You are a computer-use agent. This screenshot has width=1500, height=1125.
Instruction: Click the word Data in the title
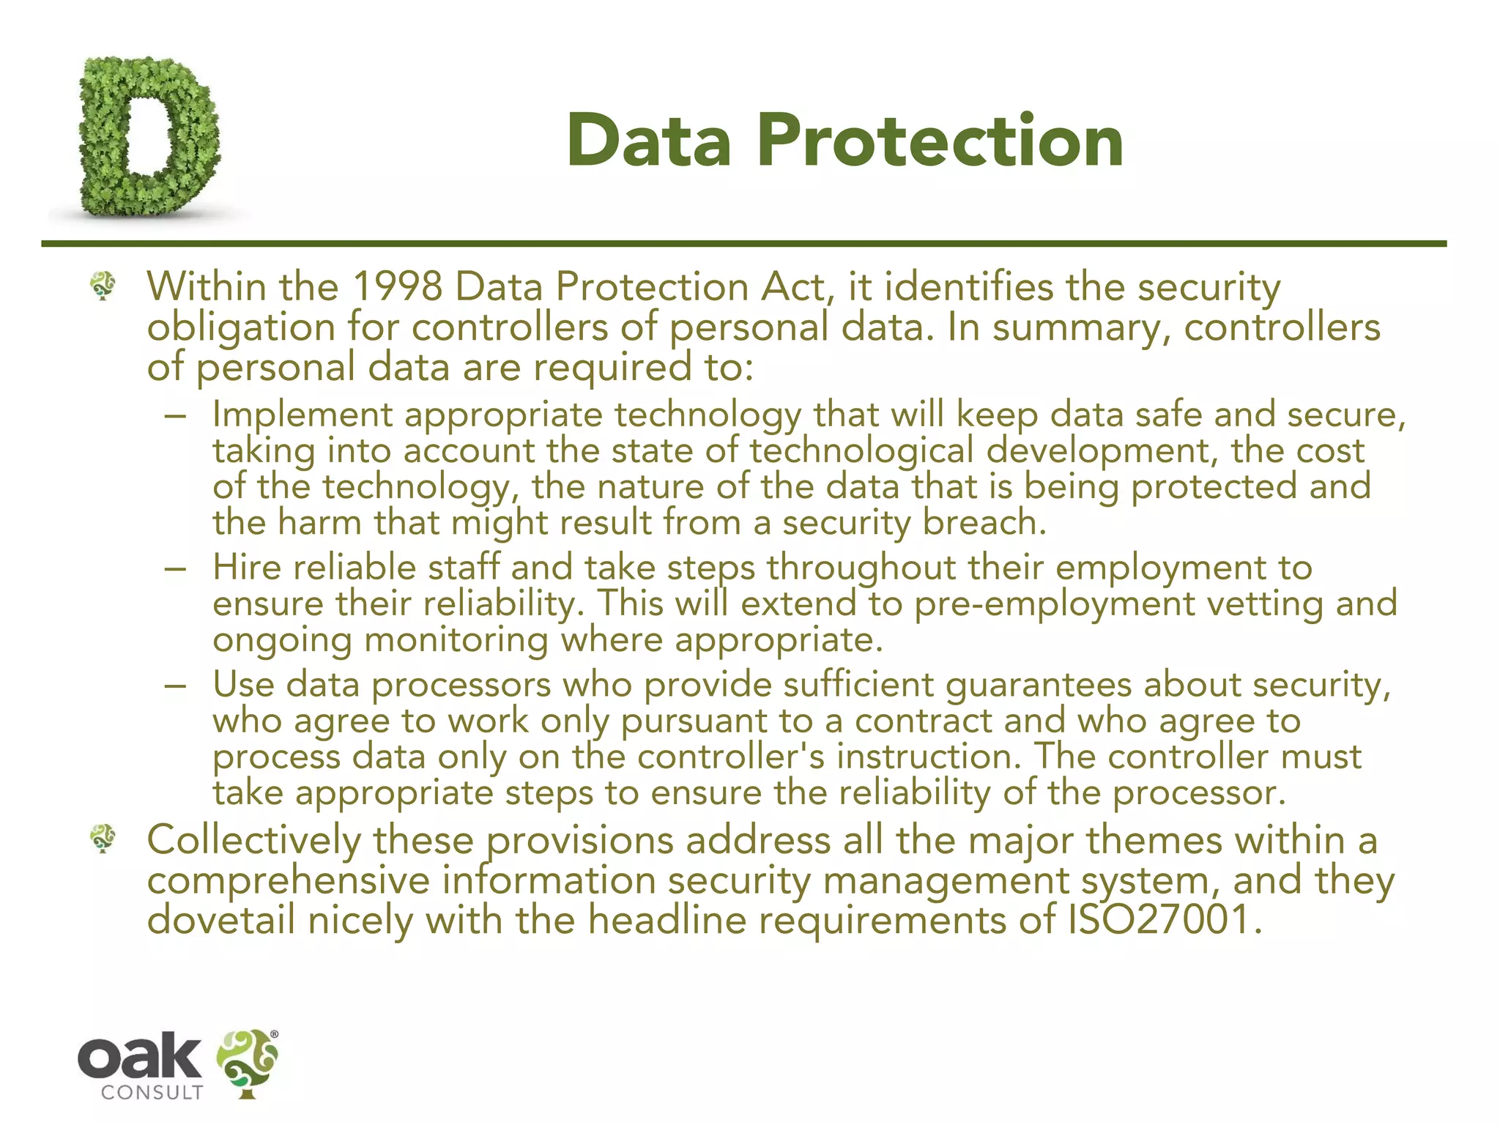pyautogui.click(x=649, y=141)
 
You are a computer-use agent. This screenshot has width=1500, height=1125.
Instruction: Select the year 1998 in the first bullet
pyautogui.click(x=397, y=286)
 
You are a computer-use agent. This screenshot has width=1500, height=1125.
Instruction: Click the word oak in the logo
pyautogui.click(x=139, y=1055)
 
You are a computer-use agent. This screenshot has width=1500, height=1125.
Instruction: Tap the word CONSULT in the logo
pyautogui.click(x=152, y=1093)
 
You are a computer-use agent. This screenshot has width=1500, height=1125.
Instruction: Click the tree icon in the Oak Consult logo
pyautogui.click(x=248, y=1062)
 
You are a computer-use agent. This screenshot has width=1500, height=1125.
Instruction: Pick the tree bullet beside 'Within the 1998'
pyautogui.click(x=103, y=286)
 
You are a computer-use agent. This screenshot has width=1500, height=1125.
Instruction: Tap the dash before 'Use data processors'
pyautogui.click(x=176, y=687)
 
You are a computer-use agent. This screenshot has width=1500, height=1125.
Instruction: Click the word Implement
pyautogui.click(x=302, y=415)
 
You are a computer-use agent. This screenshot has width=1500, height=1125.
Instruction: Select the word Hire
pyautogui.click(x=247, y=568)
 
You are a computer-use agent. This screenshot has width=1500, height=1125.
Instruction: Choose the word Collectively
pyautogui.click(x=253, y=840)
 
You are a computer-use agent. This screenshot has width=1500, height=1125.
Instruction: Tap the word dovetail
pyautogui.click(x=220, y=920)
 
